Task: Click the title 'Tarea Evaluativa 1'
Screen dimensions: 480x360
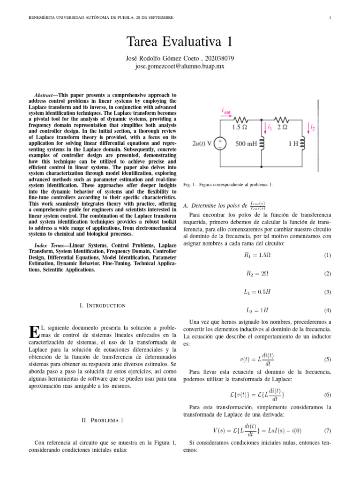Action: (x=180, y=42)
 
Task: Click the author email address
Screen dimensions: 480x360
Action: (x=180, y=67)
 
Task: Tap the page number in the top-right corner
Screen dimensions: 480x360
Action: (x=330, y=18)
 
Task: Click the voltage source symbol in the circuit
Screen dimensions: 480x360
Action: (x=219, y=143)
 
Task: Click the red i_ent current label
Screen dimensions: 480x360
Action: (x=226, y=111)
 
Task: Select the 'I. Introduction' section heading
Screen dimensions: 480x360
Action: (x=102, y=306)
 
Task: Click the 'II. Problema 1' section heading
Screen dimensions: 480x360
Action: (x=102, y=420)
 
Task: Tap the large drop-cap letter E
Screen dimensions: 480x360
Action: (x=34, y=331)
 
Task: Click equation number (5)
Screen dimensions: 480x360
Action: (x=327, y=360)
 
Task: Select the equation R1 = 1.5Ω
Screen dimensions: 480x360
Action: (x=255, y=255)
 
